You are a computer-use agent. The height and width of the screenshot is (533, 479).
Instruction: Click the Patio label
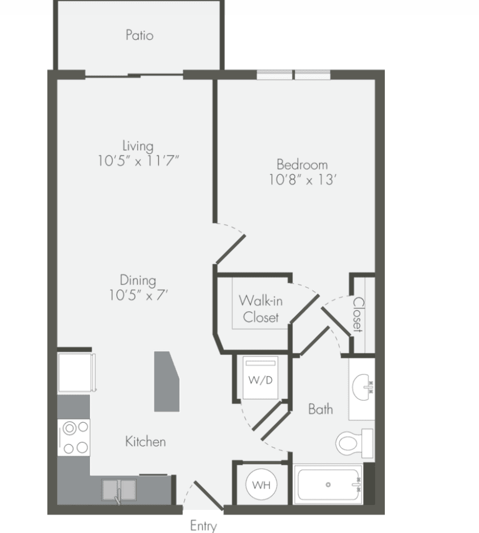click(139, 35)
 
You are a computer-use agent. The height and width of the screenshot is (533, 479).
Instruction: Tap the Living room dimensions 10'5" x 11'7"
click(138, 160)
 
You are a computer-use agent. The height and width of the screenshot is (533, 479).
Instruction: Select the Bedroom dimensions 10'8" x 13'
click(302, 179)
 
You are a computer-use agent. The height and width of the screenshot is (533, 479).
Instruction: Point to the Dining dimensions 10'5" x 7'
click(138, 294)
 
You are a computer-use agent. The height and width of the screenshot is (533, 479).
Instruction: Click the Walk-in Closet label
click(260, 308)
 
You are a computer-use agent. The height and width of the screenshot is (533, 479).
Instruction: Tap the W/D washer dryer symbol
click(260, 377)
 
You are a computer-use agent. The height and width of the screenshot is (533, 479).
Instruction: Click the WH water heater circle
click(261, 485)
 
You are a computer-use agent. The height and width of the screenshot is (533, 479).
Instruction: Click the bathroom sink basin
click(362, 387)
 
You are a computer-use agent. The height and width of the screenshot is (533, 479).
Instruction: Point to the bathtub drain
click(328, 485)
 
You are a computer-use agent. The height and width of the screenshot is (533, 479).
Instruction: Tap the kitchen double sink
click(119, 490)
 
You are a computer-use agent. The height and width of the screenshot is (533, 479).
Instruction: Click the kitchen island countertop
click(166, 381)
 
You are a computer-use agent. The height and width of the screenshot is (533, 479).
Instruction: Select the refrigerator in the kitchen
click(76, 373)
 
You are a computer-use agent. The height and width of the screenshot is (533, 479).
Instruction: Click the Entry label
click(203, 525)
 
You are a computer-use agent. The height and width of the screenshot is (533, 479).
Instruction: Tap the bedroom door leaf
click(230, 249)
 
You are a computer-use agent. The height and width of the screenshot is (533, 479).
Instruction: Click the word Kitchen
click(145, 441)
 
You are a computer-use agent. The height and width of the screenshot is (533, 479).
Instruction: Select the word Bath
click(320, 409)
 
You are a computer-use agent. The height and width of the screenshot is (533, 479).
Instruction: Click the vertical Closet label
click(358, 314)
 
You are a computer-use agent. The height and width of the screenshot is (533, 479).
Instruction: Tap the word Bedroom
click(302, 165)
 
